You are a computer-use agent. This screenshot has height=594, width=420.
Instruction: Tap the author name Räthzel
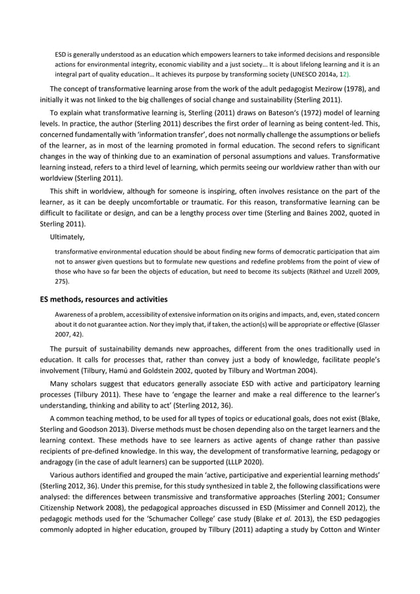pos(311,271)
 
